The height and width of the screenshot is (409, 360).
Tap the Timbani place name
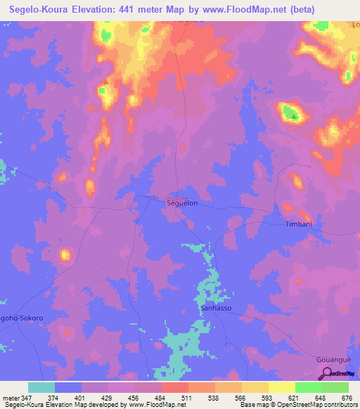[x=298, y=224]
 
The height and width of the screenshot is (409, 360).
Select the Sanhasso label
[x=216, y=309]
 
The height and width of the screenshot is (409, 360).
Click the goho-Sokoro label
[x=21, y=318]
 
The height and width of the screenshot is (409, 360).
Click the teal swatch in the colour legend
[x=41, y=387]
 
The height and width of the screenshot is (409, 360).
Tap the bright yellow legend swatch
[x=281, y=387]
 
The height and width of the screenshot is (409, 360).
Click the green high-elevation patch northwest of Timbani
[x=289, y=111]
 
